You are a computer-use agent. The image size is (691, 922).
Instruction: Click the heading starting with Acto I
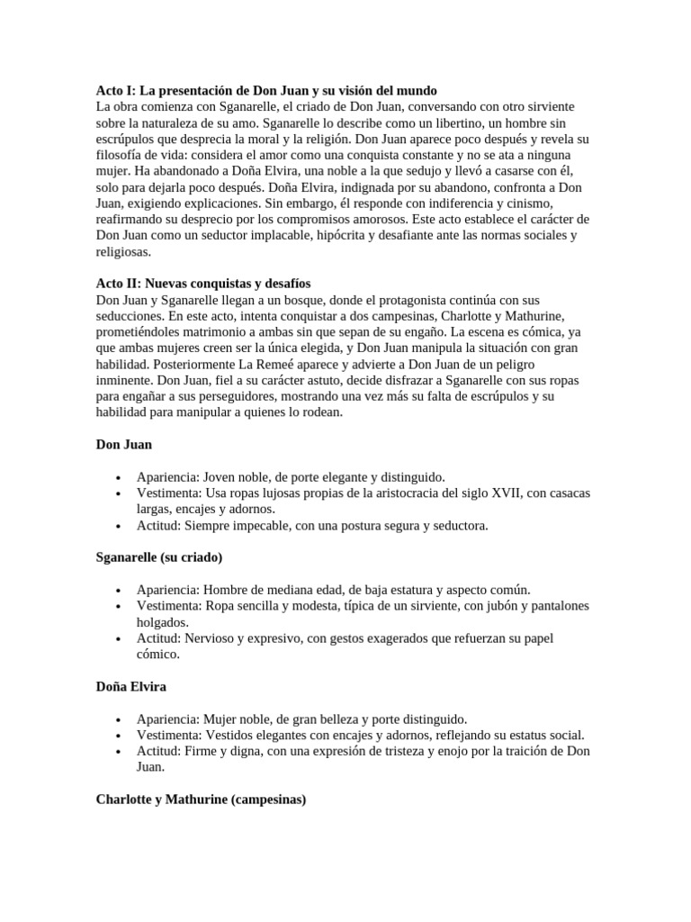coord(266,91)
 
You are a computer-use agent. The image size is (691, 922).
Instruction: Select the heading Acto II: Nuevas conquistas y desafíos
coord(203,283)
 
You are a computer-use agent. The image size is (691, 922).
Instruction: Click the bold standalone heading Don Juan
coord(124,445)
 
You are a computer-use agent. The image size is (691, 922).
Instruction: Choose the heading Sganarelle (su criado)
coord(159,558)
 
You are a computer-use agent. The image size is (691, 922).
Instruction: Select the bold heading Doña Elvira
coord(131,687)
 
